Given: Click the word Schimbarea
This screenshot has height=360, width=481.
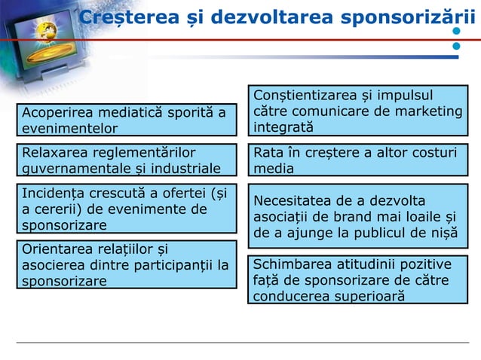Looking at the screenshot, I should pyautogui.click(x=290, y=264).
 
